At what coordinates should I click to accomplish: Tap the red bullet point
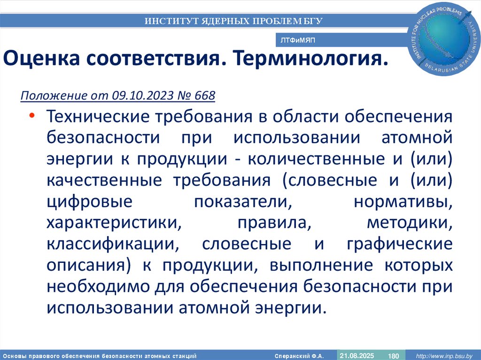(x=31, y=116)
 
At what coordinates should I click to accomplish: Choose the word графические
(x=400, y=245)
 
